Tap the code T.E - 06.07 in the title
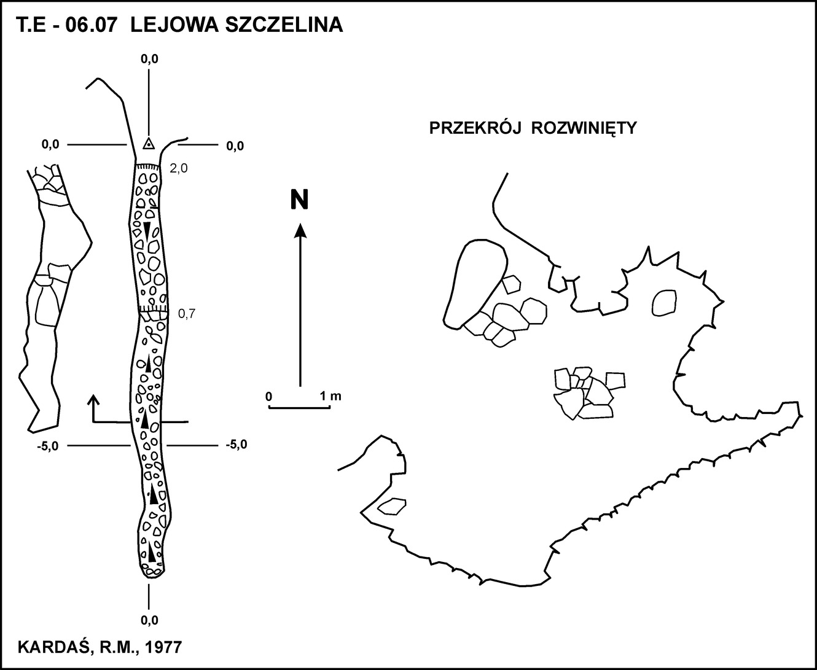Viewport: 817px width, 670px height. coord(66,26)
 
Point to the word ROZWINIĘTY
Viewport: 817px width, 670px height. coord(584,129)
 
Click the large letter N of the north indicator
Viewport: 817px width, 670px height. coord(299,200)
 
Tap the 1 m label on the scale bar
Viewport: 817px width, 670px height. coord(330,396)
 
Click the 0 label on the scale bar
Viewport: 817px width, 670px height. coord(269,397)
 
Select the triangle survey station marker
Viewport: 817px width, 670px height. coord(149,144)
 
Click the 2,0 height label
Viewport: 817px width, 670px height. coord(179,168)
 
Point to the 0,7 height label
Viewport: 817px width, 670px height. coord(187,314)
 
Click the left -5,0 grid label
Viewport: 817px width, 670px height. coord(48,446)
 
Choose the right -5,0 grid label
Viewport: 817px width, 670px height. coord(237,445)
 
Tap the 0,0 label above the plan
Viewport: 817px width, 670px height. coord(149,59)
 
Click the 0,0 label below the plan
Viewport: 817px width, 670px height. coord(149,620)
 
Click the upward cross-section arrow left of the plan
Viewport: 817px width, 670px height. coord(93,408)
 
